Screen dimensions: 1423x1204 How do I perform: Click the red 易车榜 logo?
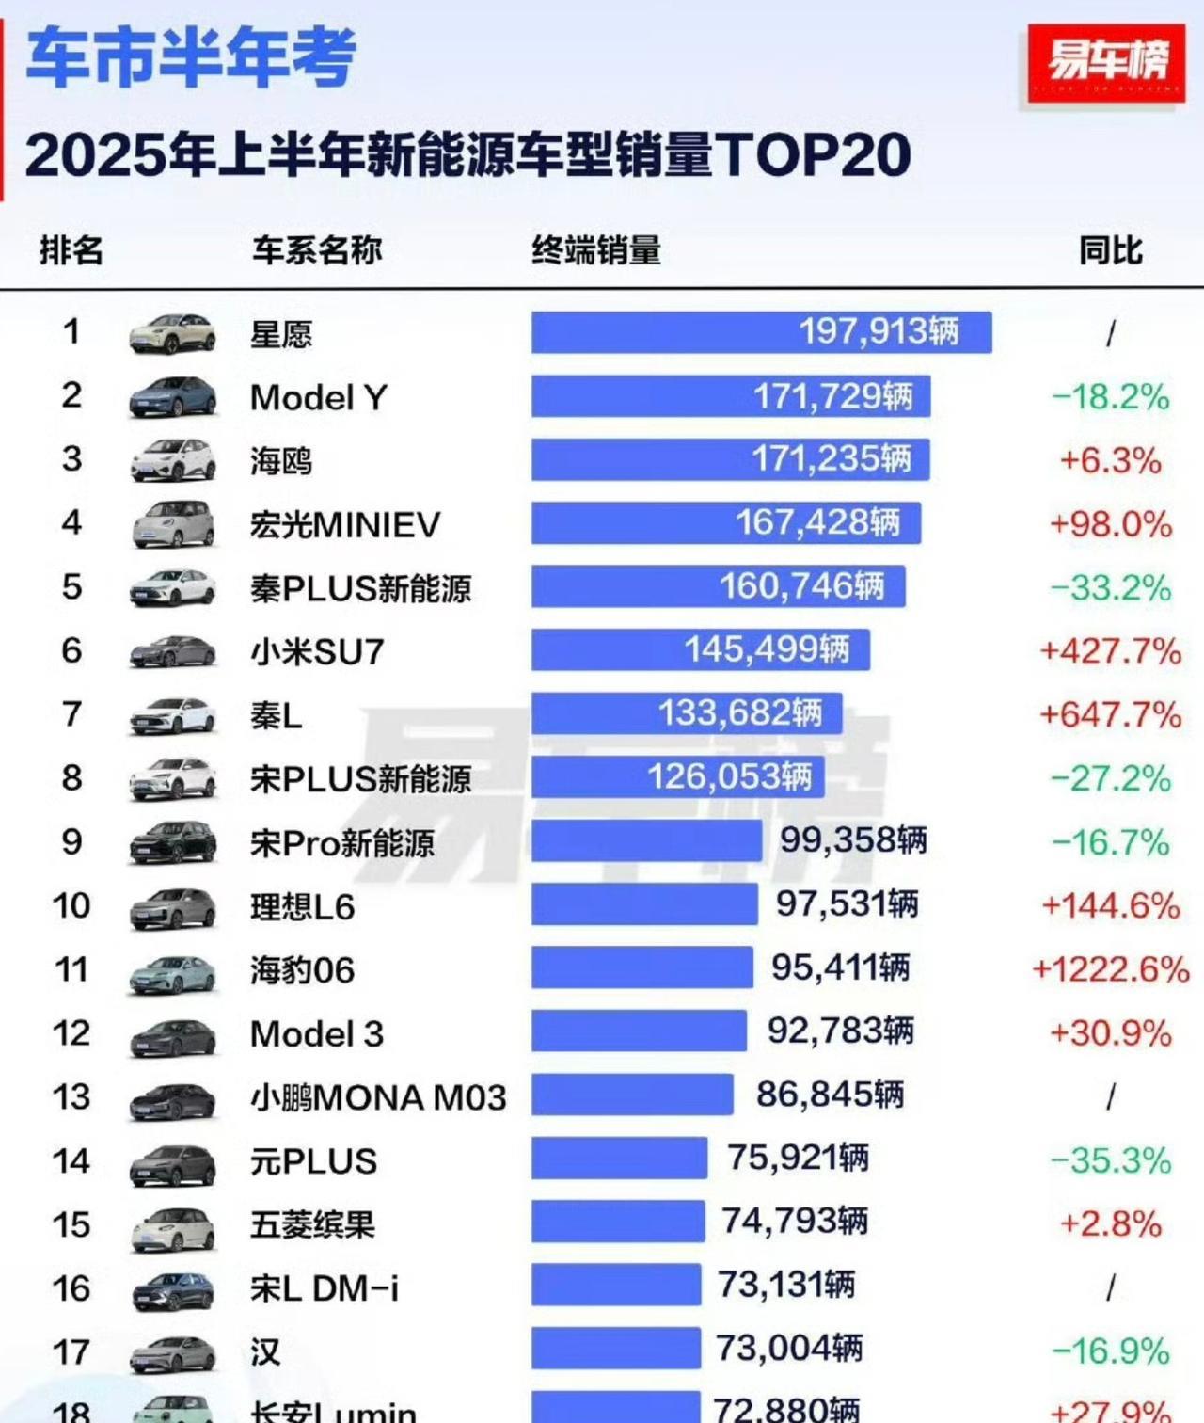pos(1105,63)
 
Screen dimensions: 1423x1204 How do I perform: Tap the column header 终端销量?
pos(596,250)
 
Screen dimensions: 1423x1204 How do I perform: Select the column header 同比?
pos(1110,250)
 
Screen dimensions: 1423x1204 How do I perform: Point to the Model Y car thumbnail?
pos(172,397)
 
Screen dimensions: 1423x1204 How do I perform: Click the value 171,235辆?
pos(832,459)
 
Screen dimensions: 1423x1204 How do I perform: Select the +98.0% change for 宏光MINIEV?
pos(1110,523)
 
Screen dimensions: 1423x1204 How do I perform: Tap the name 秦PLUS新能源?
pos(360,588)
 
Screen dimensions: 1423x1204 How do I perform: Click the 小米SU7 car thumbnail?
pos(172,651)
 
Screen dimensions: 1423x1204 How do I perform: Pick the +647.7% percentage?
pos(1110,714)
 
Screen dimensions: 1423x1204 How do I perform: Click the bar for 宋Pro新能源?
pos(646,841)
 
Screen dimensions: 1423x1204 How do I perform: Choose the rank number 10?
pos(71,905)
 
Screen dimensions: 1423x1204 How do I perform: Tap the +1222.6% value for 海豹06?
pos(1110,969)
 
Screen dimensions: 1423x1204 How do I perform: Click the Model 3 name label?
pos(317,1033)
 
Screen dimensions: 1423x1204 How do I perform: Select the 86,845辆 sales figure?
pos(830,1095)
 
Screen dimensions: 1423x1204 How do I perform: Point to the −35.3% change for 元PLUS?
pos(1110,1160)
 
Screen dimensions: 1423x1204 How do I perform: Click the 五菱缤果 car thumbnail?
pos(172,1225)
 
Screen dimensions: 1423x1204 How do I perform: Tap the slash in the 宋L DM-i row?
pos(1111,1287)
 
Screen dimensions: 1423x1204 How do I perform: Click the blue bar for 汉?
pos(615,1349)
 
